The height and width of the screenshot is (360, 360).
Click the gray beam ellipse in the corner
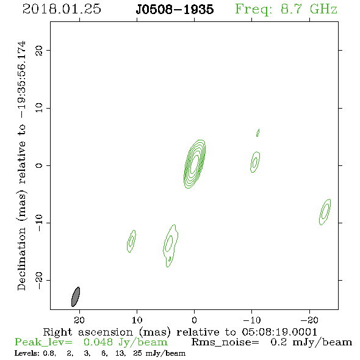[76, 297]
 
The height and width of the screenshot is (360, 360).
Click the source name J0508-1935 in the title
[175, 9]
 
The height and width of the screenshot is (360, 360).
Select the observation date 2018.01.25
[62, 9]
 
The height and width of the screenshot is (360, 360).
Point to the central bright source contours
[195, 164]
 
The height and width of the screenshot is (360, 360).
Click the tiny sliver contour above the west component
[258, 132]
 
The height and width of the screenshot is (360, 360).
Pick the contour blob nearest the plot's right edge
[325, 212]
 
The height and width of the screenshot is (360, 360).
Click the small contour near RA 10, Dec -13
[131, 241]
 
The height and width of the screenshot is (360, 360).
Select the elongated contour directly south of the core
[170, 246]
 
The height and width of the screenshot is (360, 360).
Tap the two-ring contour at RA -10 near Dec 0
[255, 162]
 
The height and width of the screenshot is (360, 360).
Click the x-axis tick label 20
[79, 320]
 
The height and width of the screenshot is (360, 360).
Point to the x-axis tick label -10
[251, 320]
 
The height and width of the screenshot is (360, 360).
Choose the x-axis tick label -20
[309, 320]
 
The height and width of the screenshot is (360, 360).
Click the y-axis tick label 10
[38, 108]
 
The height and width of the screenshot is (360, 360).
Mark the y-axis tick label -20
[38, 280]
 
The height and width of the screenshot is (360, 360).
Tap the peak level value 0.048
[98, 342]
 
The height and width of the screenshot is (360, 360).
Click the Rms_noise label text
[225, 342]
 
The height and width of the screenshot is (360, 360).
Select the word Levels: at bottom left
[27, 353]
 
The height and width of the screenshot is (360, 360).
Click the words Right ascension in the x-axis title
[88, 332]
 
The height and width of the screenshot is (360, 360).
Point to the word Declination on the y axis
[21, 259]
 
